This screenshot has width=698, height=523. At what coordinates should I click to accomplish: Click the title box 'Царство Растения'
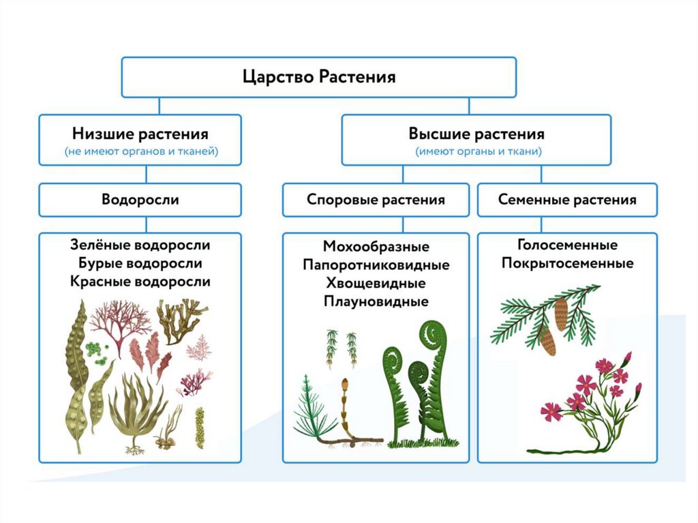(x=319, y=76)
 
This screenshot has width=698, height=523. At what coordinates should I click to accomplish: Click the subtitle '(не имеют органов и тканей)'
(x=140, y=152)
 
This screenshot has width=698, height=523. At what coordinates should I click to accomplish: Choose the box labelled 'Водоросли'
(x=140, y=200)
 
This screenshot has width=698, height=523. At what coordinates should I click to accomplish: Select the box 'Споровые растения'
(x=376, y=200)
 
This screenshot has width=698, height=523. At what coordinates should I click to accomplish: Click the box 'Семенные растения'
(x=567, y=200)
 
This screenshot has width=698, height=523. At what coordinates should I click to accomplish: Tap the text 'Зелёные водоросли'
(x=140, y=245)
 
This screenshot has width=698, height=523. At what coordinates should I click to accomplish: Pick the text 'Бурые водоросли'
(x=140, y=263)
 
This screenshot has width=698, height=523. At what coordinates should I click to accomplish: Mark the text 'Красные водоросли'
(x=140, y=282)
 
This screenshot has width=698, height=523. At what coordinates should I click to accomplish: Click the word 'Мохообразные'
(x=376, y=246)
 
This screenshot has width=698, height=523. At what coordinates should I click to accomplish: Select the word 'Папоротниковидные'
(x=376, y=265)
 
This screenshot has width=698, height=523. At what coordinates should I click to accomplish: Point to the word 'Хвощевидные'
(x=376, y=283)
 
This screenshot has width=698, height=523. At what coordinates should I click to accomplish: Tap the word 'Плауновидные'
(x=376, y=301)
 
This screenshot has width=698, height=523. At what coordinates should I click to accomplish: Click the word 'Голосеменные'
(x=567, y=245)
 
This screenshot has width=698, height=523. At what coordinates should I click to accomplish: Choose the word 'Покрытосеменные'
(x=567, y=263)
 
